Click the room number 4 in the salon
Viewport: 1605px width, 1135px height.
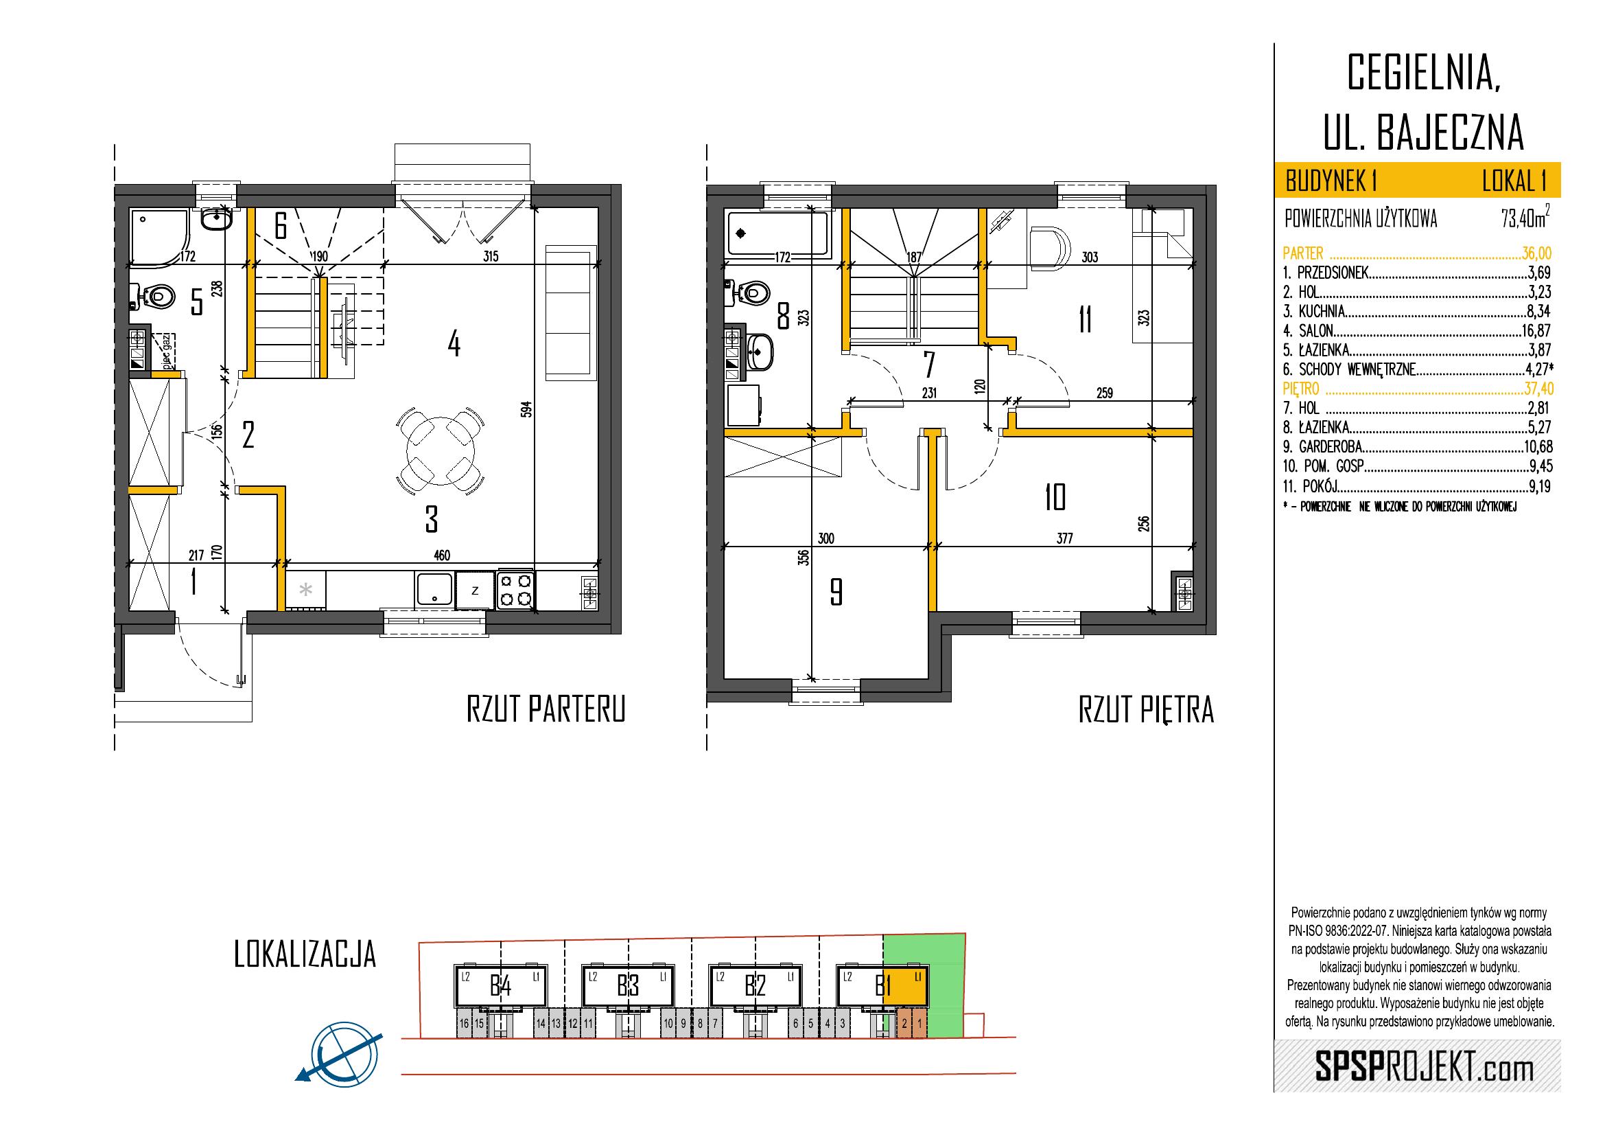(x=454, y=344)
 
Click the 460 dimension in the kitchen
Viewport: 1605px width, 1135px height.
(x=441, y=555)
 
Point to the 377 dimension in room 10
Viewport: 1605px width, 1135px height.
(x=1064, y=538)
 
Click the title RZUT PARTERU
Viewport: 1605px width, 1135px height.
(x=546, y=709)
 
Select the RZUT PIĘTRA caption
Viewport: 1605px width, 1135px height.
(x=1147, y=711)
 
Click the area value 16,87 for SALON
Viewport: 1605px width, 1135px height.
(x=1536, y=330)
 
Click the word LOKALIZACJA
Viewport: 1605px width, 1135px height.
(x=305, y=954)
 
